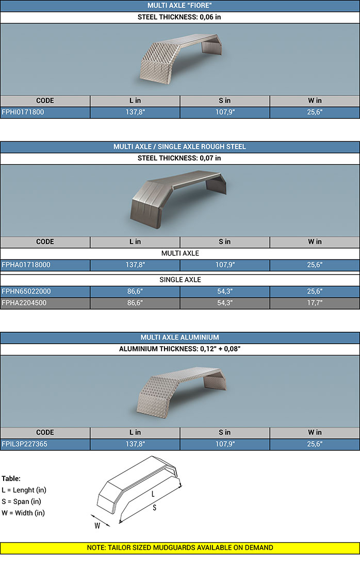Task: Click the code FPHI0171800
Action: pos(23,112)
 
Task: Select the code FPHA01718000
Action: pos(26,265)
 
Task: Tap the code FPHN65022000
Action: pos(26,292)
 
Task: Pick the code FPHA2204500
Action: pos(24,303)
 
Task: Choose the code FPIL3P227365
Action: pos(24,444)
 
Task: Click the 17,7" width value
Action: pos(315,303)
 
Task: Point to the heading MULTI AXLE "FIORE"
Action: pos(179,5)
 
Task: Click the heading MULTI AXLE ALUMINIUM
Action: pos(179,337)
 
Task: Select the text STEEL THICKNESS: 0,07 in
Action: pos(179,158)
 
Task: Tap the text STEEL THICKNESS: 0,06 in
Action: pos(179,17)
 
